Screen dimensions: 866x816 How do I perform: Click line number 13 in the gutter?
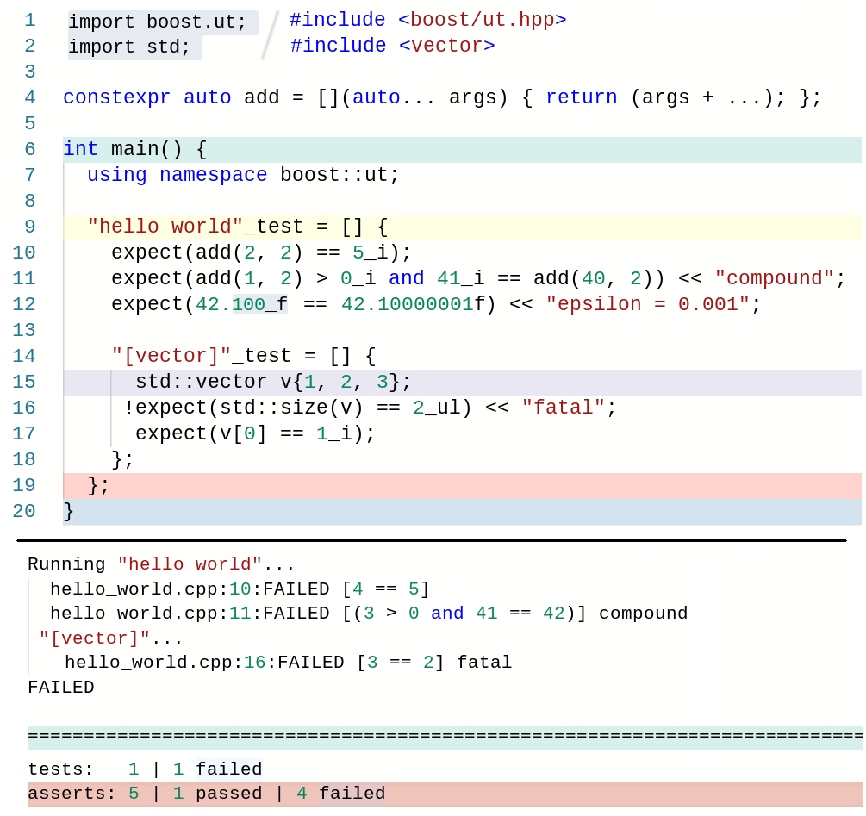coord(23,330)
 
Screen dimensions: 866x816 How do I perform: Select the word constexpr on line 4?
coord(116,97)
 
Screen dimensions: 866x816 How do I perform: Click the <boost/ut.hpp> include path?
coord(482,20)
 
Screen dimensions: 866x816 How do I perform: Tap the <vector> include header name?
coord(446,46)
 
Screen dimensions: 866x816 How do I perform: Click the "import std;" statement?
coord(129,47)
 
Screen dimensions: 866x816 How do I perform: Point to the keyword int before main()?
coord(81,149)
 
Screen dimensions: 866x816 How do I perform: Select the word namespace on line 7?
coord(213,175)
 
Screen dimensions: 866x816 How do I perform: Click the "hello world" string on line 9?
coord(165,227)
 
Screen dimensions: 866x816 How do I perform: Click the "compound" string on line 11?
coord(775,278)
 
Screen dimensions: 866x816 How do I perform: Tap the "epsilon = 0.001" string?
coord(647,304)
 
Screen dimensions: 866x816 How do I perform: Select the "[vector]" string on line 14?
coord(171,356)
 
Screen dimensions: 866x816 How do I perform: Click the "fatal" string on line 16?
coord(563,408)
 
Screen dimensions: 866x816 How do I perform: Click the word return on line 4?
coord(581,97)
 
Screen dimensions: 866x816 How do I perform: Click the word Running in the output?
coord(66,564)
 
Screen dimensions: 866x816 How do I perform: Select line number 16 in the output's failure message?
coord(254,663)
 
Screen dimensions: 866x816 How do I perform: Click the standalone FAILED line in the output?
coord(60,688)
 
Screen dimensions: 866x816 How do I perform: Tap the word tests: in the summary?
coord(60,769)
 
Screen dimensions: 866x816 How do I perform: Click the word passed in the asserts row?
coord(228,794)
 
